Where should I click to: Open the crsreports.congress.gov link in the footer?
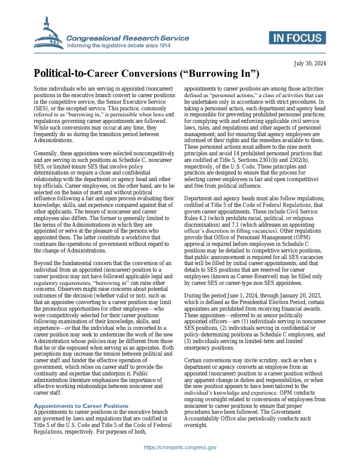180,447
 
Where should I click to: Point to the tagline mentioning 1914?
127,45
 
